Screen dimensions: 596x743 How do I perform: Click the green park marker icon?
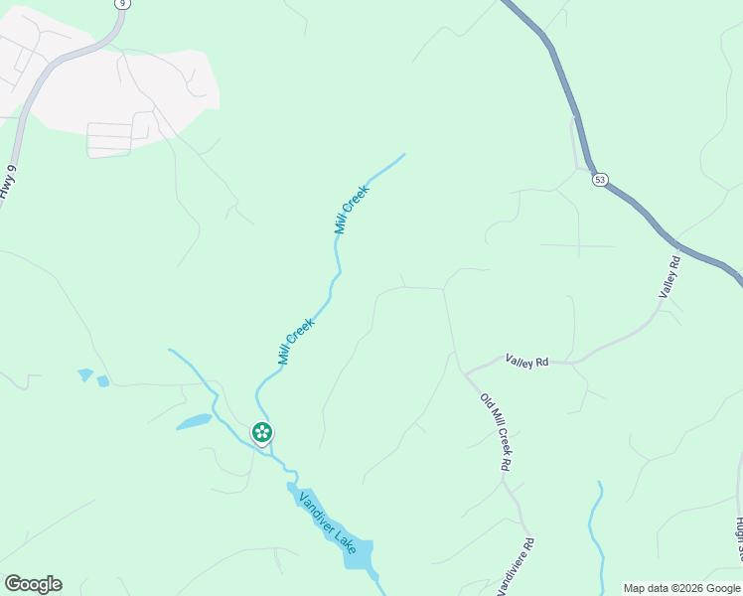262,432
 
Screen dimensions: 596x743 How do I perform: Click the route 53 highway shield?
600,180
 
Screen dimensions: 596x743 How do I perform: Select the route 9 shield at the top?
121,3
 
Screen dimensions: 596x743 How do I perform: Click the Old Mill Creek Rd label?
495,432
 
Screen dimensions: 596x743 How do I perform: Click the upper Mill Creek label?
351,210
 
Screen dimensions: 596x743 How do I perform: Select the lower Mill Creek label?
296,341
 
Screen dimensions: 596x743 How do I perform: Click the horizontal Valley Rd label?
526,362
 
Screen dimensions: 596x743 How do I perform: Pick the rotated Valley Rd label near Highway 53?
669,277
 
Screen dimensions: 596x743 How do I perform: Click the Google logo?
33,584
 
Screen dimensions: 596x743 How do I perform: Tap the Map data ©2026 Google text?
682,588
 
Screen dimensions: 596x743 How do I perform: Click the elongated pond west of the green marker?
194,422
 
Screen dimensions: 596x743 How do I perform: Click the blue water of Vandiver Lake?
357,554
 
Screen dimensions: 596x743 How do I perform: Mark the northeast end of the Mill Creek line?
403,155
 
